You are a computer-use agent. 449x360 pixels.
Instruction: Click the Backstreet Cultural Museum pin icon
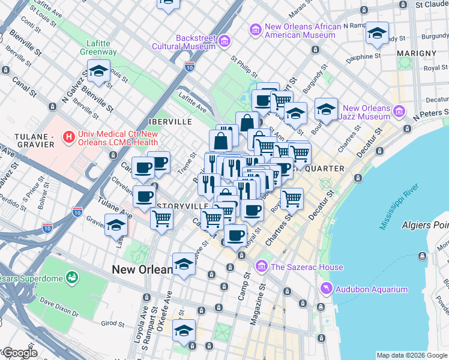tap(224, 41)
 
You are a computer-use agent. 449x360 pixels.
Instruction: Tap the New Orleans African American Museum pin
tap(255, 29)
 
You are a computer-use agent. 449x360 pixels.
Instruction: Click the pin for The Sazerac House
tap(261, 266)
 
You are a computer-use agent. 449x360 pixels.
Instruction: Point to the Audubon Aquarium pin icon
tap(326, 289)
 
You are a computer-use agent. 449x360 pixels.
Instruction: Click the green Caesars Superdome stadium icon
tap(72, 277)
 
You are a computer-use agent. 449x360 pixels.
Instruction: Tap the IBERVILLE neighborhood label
tap(171, 121)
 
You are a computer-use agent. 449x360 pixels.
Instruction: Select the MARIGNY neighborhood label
tap(416, 53)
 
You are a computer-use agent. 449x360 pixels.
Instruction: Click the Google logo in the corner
tap(20, 353)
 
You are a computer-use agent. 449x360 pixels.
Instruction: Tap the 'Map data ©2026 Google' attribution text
tap(412, 355)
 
